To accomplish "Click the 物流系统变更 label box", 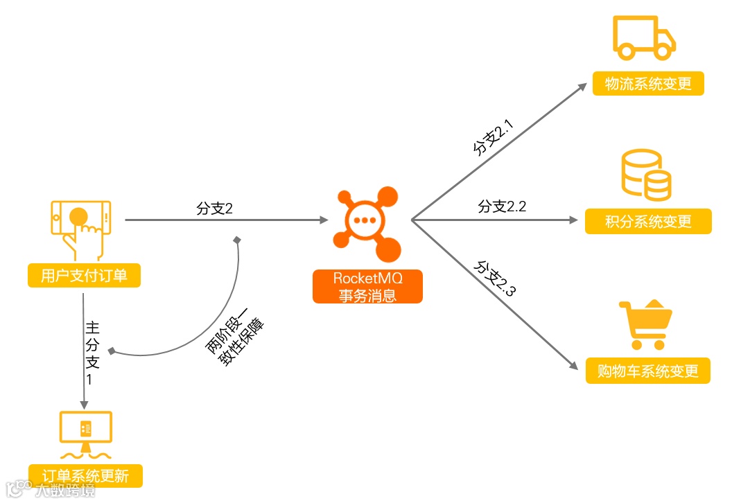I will [648, 84].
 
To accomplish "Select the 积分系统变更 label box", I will [648, 222].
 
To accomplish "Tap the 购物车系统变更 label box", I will [648, 370].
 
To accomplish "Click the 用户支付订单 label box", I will [84, 276].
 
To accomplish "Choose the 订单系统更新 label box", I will [85, 476].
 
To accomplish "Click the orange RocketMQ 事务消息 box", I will [367, 287].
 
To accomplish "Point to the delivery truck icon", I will [644, 39].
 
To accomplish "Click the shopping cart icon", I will [645, 325].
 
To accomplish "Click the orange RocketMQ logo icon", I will [367, 221].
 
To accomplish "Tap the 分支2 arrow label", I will [214, 209].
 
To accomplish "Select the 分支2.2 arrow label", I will [503, 206].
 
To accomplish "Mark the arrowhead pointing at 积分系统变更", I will [573, 220].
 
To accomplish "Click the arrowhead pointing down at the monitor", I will [85, 405].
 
